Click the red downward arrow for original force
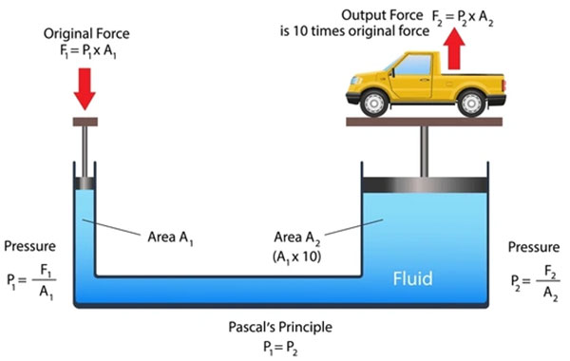point(85,87)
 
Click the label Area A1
point(170,235)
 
